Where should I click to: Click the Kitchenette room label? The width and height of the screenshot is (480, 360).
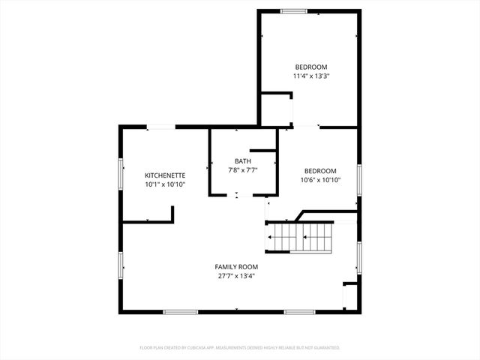[x=165, y=174]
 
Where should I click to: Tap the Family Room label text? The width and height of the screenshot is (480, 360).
[x=236, y=267]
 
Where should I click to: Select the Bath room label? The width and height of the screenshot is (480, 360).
[x=243, y=161]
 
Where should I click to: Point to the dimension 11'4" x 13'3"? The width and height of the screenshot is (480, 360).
[x=310, y=76]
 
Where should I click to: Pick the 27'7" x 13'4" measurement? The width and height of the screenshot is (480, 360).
[x=236, y=276]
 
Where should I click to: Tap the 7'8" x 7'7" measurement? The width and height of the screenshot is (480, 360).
[x=243, y=170]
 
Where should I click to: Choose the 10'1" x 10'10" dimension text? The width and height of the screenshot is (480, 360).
[x=165, y=184]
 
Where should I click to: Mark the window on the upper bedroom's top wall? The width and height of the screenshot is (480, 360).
[x=293, y=10]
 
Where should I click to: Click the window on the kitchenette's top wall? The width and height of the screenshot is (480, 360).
[x=158, y=127]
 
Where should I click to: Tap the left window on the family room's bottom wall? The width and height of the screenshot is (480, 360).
[x=181, y=312]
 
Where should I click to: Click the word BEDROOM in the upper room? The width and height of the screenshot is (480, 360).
[x=310, y=67]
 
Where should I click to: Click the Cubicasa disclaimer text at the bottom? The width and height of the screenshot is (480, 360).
[x=240, y=348]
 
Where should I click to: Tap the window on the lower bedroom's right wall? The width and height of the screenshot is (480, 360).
[x=359, y=180]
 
